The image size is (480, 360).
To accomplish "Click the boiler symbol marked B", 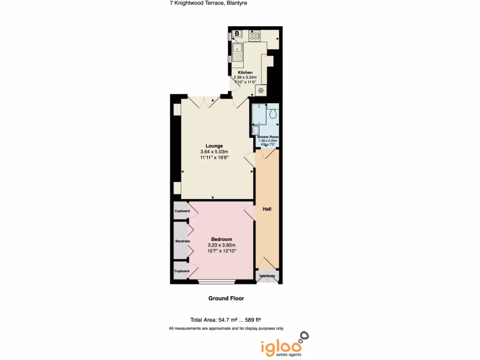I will [x=237, y=33].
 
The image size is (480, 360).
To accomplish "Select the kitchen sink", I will [x=238, y=49].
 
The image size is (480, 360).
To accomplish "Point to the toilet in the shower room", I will [x=274, y=113].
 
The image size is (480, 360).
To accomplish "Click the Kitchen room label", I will [x=245, y=73].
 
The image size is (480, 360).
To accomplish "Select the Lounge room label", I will [x=214, y=146].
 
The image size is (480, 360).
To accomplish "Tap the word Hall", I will [x=267, y=209].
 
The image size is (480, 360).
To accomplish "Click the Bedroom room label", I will [x=221, y=240].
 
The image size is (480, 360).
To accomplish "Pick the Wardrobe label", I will [x=182, y=241].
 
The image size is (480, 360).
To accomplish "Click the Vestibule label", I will [x=267, y=276].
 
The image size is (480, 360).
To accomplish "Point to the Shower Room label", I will [x=267, y=136].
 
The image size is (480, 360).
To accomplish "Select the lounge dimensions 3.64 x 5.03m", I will [x=214, y=152].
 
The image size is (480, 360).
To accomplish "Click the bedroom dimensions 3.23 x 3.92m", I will [x=221, y=245].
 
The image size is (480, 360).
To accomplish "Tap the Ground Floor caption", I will [x=226, y=299].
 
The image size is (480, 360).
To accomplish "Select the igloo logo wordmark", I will [x=281, y=347].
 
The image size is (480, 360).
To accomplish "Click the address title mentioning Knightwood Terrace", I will [x=208, y=3].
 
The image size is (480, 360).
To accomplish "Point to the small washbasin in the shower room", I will [x=256, y=130].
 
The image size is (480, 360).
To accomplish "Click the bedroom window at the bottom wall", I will [x=216, y=282].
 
